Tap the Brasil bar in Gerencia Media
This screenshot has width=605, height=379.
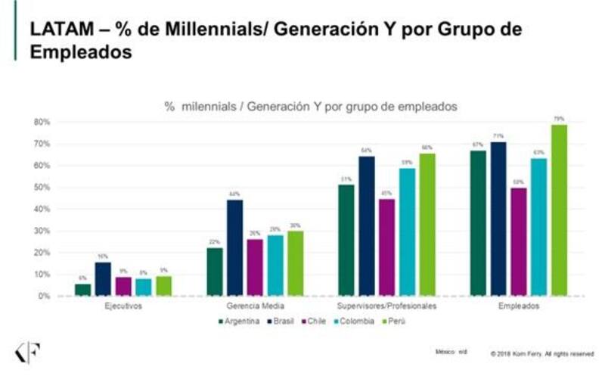(x=234, y=247)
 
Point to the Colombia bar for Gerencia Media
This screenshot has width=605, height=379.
(x=275, y=265)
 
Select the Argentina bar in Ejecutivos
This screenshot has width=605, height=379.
(x=82, y=290)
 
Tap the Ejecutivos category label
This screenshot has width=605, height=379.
(x=122, y=306)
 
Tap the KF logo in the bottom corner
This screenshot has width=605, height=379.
(x=28, y=352)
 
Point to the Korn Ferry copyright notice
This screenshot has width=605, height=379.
(x=541, y=353)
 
